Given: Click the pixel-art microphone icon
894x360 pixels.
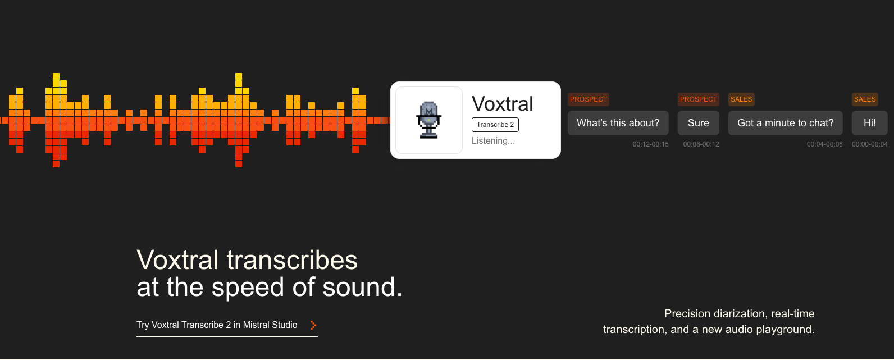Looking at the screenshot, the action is point(428,120).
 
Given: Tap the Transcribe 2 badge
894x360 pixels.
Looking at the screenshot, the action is point(495,125).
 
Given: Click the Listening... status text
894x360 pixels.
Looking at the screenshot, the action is point(493,140).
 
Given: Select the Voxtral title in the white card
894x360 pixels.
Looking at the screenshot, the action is point(502,104).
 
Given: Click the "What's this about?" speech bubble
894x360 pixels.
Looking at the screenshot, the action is point(618,123).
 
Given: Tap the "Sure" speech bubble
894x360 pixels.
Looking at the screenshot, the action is point(699,123).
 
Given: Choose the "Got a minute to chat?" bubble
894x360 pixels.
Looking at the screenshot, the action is point(786,123).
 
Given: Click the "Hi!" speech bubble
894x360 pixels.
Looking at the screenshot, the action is point(870,123).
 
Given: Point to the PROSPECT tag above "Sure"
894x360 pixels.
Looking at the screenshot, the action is point(699,99).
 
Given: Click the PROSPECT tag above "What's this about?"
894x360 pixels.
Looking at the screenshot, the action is point(589,99).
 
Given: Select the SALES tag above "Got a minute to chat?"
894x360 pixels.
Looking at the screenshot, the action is point(741,99).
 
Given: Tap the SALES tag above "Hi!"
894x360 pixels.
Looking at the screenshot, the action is point(865,99).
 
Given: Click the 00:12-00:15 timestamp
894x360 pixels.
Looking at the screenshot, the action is point(650,144).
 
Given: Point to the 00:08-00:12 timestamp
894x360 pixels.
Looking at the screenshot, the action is point(701,144).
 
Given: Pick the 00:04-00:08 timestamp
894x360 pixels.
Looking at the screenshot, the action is point(824,144).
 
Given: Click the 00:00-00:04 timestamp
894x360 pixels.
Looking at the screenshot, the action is point(870,144).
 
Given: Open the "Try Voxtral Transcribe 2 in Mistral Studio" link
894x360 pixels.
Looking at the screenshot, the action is point(217,325).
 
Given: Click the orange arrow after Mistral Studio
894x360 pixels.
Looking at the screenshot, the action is point(313,325).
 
